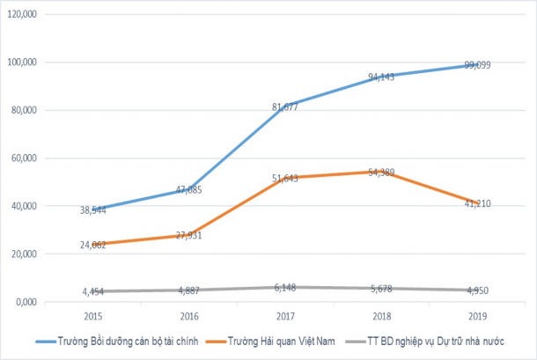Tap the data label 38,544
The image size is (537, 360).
(x=92, y=210)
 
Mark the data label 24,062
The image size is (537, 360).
(x=92, y=245)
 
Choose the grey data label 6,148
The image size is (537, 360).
(x=284, y=287)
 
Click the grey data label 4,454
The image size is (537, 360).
(x=92, y=291)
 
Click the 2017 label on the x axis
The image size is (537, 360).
(x=284, y=315)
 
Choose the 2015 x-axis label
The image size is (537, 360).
(x=92, y=315)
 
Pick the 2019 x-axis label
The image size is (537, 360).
(x=478, y=315)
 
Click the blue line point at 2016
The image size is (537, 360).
(x=188, y=189)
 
